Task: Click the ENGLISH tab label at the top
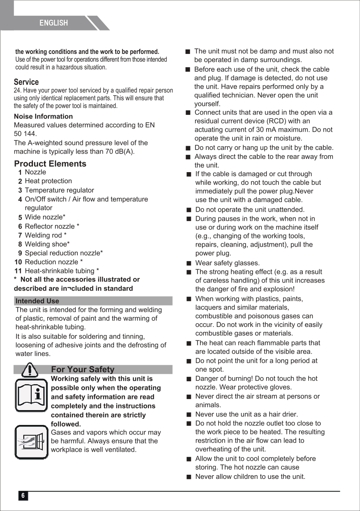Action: click(x=53, y=23)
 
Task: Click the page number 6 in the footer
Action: click(x=23, y=496)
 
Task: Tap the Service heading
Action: click(x=26, y=82)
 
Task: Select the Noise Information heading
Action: click(x=43, y=117)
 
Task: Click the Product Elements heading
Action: click(x=50, y=163)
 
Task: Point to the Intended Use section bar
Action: click(x=93, y=301)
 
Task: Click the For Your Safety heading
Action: click(x=83, y=369)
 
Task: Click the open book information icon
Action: click(x=31, y=395)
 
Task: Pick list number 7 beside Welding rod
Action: click(x=20, y=236)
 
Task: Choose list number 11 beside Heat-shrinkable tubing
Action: click(x=18, y=271)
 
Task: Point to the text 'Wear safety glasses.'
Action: click(x=228, y=263)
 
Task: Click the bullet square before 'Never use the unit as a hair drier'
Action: click(x=188, y=415)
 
